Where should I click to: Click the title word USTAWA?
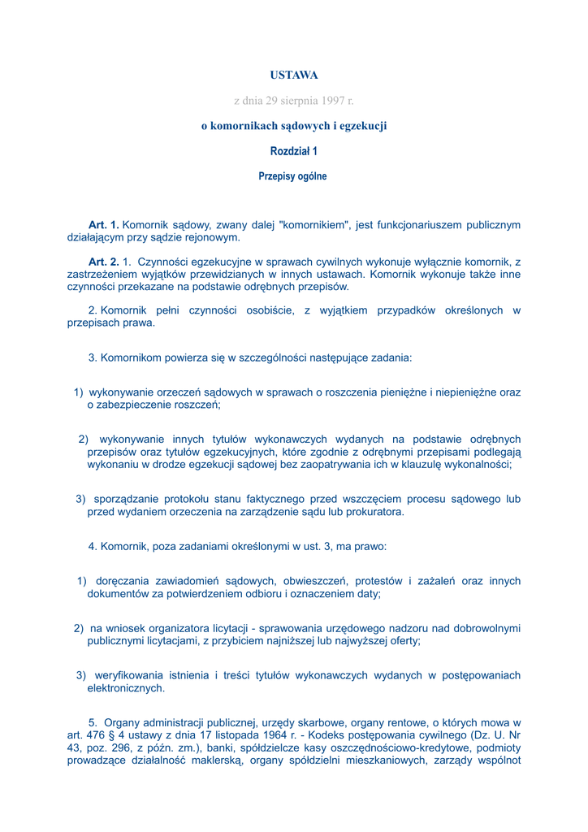[294, 76]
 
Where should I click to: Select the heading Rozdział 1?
[294, 151]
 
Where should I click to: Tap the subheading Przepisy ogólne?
[293, 176]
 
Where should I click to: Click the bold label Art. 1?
[104, 225]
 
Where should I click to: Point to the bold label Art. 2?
[104, 262]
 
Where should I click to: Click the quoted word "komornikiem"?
[312, 225]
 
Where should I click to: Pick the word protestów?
[379, 581]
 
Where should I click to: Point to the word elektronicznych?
[126, 688]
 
